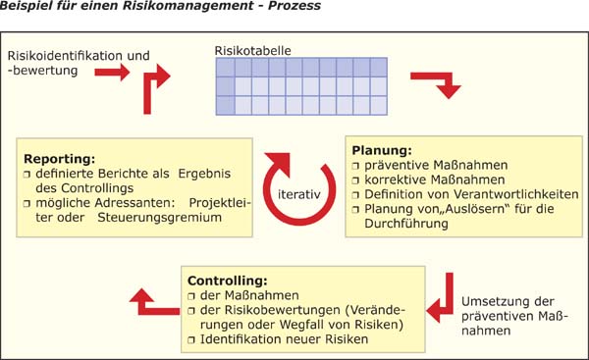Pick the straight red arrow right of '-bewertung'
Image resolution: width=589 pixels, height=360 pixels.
[x=114, y=73]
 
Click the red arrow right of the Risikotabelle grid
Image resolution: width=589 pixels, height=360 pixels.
[x=436, y=86]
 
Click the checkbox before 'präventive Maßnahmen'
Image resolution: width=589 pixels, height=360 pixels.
[x=355, y=166]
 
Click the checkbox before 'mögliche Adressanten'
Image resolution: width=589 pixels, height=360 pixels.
[x=27, y=202]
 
